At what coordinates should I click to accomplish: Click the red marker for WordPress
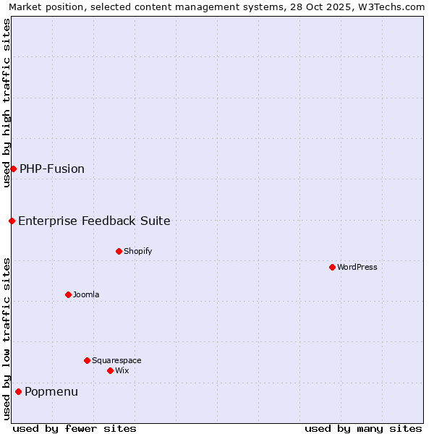(332, 267)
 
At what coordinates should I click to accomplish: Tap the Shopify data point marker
(119, 251)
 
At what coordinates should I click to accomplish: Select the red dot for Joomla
(68, 294)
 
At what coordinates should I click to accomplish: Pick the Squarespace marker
(87, 360)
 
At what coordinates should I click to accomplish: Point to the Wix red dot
(110, 370)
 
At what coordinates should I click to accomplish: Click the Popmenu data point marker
(18, 391)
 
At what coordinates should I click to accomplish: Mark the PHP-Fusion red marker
(13, 169)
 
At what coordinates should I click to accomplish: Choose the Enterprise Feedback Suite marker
(12, 221)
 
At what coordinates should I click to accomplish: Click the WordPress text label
(357, 267)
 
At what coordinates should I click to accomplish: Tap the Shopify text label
(137, 251)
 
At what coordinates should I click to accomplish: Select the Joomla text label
(86, 294)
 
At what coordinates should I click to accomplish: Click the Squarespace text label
(116, 360)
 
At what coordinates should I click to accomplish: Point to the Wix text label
(122, 370)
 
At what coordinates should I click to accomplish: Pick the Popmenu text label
(51, 391)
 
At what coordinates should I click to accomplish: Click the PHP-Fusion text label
(52, 169)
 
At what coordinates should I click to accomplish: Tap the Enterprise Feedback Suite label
(94, 221)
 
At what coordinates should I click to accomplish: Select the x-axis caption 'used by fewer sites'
(75, 428)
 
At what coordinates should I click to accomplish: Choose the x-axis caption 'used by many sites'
(363, 428)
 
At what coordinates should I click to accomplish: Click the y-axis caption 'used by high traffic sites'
(7, 103)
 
